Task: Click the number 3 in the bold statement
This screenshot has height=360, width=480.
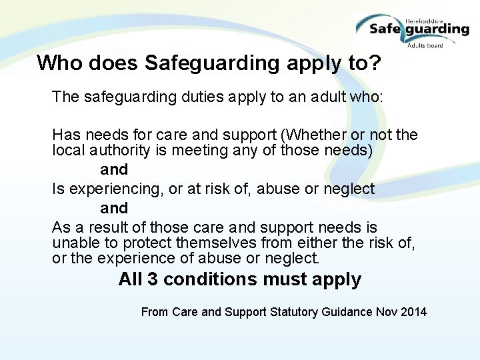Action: point(152,279)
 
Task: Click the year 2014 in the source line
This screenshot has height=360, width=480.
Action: point(414,311)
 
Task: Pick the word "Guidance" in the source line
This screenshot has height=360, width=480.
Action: point(339,311)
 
